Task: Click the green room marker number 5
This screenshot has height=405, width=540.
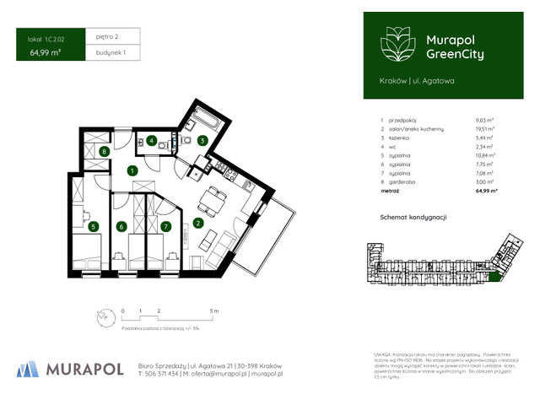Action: pos(94,226)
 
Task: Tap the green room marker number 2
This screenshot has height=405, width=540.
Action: pos(197,224)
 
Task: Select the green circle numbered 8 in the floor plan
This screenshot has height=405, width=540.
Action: pos(103,152)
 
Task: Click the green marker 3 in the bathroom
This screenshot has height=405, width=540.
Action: pos(202,140)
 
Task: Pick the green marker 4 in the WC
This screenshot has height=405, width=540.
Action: pos(152,141)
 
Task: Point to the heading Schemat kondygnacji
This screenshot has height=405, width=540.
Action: pos(413,217)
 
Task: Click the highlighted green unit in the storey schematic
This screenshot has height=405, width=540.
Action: pos(494,275)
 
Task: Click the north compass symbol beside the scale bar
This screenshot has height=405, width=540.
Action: pos(103,317)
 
